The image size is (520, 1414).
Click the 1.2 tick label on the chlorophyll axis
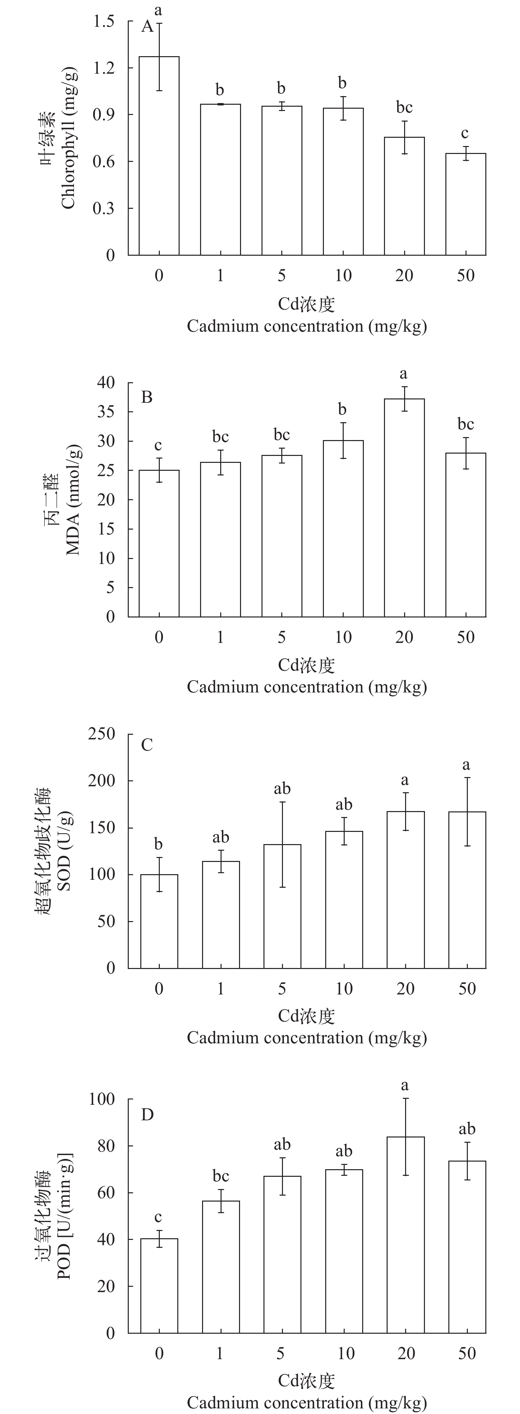pyautogui.click(x=104, y=68)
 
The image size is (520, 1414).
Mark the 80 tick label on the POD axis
pyautogui.click(x=106, y=1146)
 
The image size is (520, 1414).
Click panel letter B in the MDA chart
pyautogui.click(x=147, y=397)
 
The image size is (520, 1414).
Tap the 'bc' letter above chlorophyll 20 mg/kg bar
pyautogui.click(x=404, y=108)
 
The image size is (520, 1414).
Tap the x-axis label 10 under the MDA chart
pyautogui.click(x=343, y=637)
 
